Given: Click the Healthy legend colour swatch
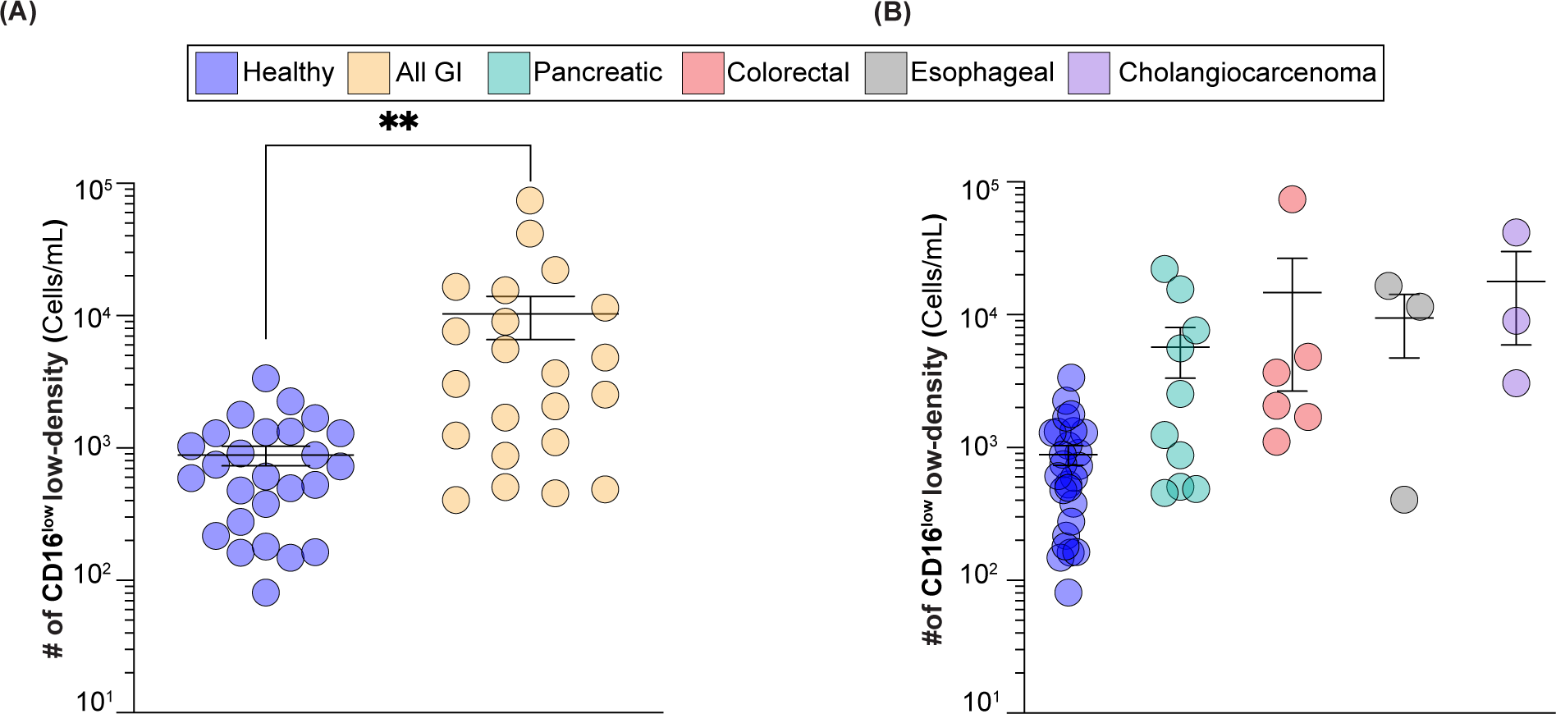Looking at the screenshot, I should pyautogui.click(x=217, y=73).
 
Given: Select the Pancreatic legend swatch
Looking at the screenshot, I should pyautogui.click(x=509, y=73).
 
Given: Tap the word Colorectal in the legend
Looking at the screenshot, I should pyautogui.click(x=788, y=73).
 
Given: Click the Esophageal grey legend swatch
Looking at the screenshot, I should pyautogui.click(x=886, y=73).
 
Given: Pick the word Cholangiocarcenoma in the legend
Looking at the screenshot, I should pyautogui.click(x=1247, y=73).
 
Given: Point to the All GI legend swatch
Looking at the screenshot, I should pyautogui.click(x=368, y=73).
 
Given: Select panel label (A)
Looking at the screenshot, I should pyautogui.click(x=18, y=12).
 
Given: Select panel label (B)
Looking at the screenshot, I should pyautogui.click(x=892, y=12).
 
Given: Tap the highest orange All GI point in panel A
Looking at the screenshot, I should pyautogui.click(x=530, y=199).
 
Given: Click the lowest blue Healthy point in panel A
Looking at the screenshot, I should pyautogui.click(x=265, y=592).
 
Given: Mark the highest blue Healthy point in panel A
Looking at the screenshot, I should pyautogui.click(x=265, y=378).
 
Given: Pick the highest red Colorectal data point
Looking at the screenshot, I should pyautogui.click(x=1292, y=199).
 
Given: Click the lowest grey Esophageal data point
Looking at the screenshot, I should pyautogui.click(x=1404, y=499).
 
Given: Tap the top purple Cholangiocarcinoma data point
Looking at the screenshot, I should pyautogui.click(x=1516, y=233).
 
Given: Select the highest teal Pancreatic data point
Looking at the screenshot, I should pyautogui.click(x=1165, y=268).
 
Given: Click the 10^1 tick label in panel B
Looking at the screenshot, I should pyautogui.click(x=981, y=702).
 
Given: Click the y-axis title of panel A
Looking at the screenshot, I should pyautogui.click(x=54, y=439).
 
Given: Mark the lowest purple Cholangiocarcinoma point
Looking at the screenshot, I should pyautogui.click(x=1516, y=382).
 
